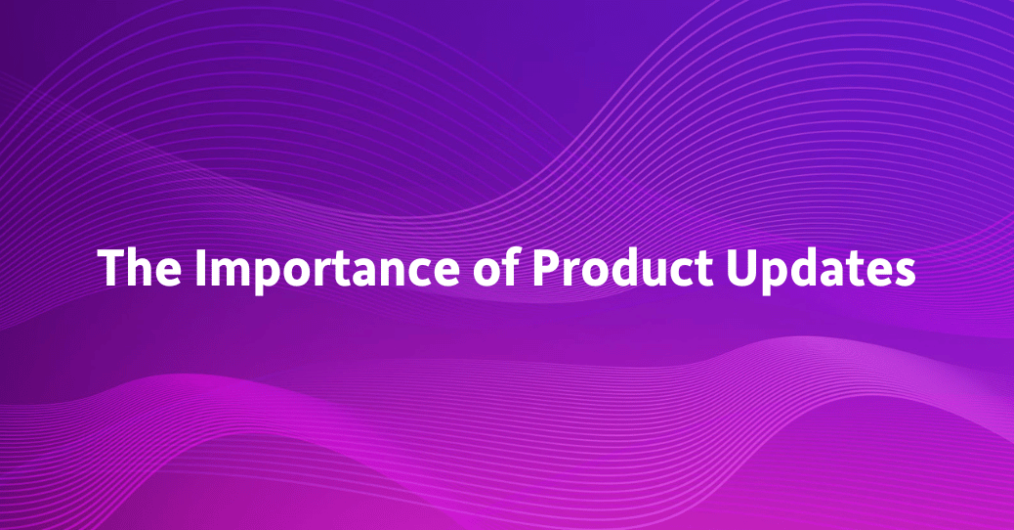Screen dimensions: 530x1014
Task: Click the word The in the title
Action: (138, 266)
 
